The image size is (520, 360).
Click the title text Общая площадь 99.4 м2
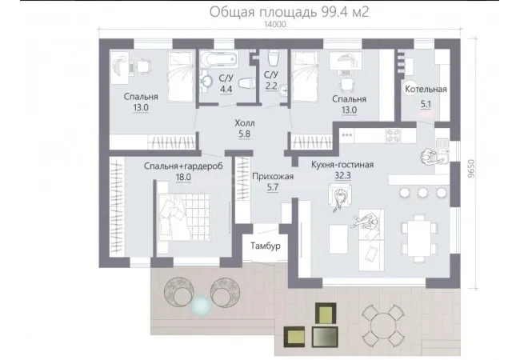coord(289,12)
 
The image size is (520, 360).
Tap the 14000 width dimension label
coord(275,24)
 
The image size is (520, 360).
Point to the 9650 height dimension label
coord(471,169)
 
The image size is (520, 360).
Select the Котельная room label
coord(426,89)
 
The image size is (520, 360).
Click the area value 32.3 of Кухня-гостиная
coord(342,175)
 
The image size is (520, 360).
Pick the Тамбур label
coord(266,246)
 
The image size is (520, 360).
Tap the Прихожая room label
coord(273,177)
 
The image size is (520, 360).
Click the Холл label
coord(245,123)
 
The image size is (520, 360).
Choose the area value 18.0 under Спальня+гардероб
coord(183,177)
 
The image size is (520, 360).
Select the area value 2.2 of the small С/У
coord(271,86)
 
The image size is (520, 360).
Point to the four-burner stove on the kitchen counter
coord(394,135)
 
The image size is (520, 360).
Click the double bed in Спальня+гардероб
coord(184,217)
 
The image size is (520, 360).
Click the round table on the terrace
coord(382,326)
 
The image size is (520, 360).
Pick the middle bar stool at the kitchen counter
coord(422,193)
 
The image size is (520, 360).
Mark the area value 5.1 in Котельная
coord(426,104)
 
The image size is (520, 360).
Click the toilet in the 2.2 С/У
coord(274,58)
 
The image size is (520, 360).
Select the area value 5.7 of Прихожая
coord(273,188)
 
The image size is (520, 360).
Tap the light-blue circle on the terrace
coord(202,305)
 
